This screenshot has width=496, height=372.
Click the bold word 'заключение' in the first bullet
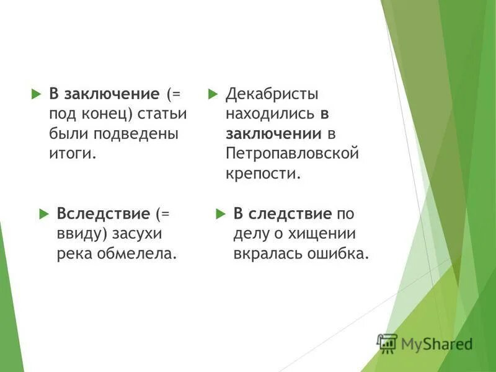point(112,94)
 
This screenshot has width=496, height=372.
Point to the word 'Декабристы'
point(272,94)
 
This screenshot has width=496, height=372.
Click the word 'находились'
point(271,114)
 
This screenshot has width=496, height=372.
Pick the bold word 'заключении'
point(273,133)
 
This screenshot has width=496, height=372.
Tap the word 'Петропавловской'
point(293,153)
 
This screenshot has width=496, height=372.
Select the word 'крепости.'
point(263,172)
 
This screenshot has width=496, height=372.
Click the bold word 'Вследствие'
point(104,214)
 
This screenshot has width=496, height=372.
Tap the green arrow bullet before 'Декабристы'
point(213,94)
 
